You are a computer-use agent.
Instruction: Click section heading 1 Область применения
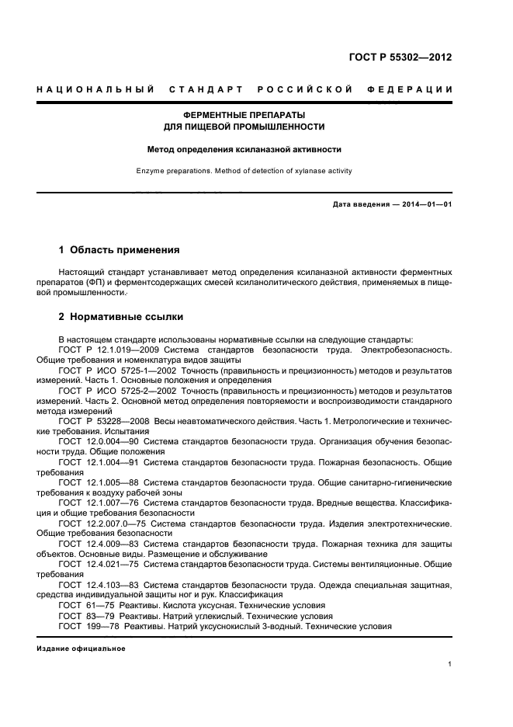pos(120,250)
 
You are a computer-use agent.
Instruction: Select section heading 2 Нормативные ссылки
pos(121,317)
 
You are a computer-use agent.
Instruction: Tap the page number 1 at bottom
pos(450,664)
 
